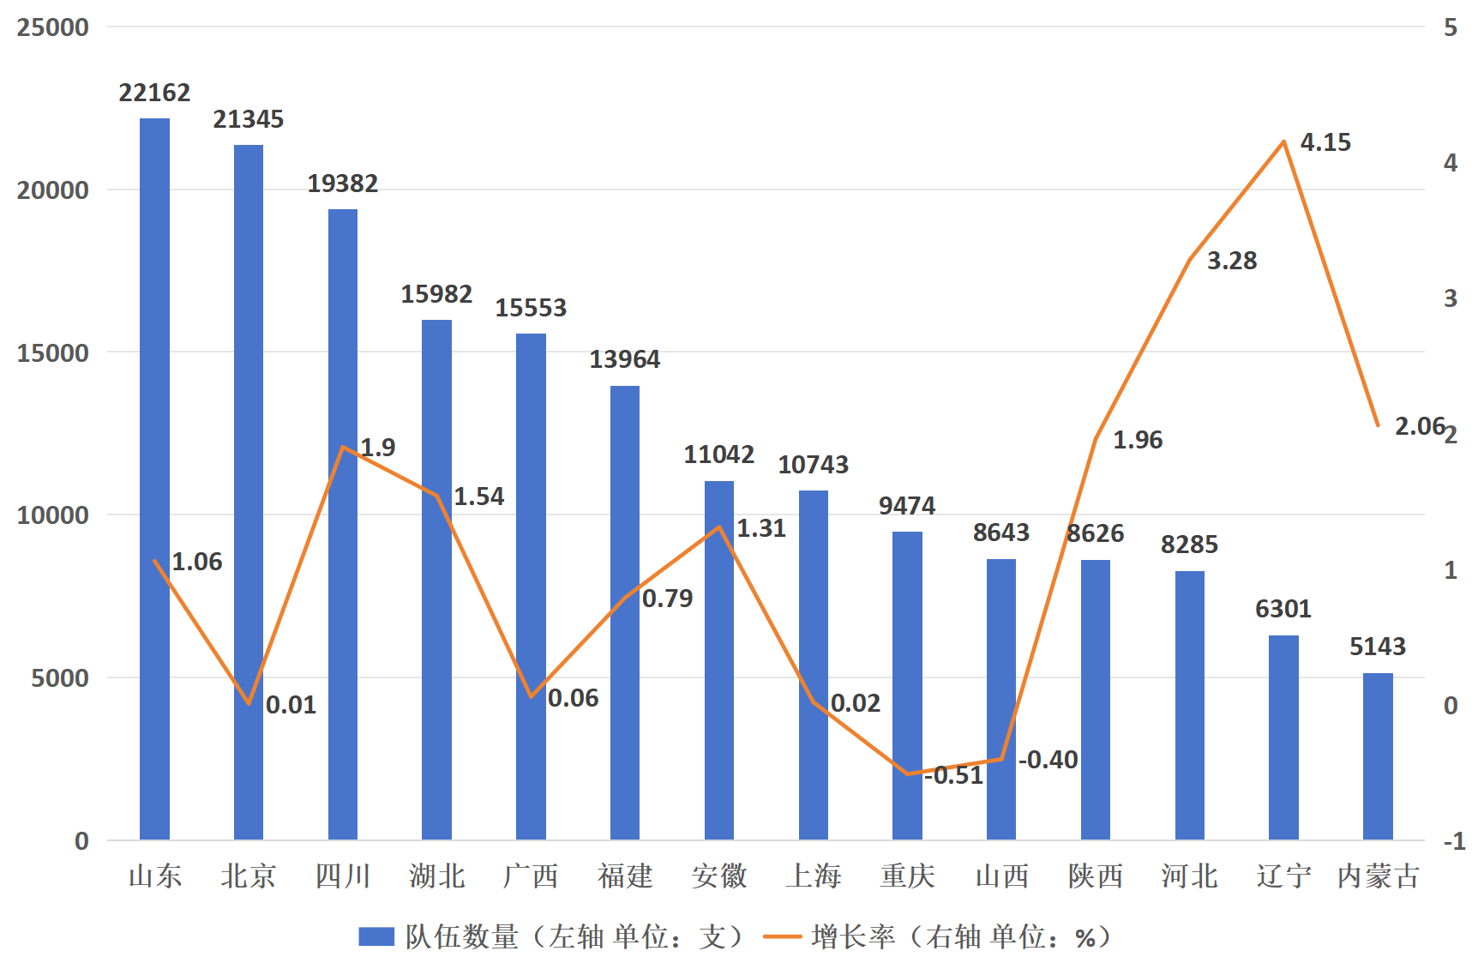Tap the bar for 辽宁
[x=1283, y=737]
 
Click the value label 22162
[x=154, y=93]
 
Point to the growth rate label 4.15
[x=1325, y=142]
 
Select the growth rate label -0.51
[x=954, y=775]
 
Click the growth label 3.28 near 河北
[x=1232, y=261]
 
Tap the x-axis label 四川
[x=343, y=876]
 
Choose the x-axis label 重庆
[x=907, y=876]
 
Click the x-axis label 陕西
[x=1096, y=876]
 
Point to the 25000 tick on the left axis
[x=53, y=27]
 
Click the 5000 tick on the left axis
[x=60, y=678]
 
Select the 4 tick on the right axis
[x=1451, y=163]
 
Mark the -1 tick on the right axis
[x=1454, y=841]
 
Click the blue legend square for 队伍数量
[x=376, y=936]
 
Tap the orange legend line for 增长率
[x=782, y=936]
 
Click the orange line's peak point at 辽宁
[x=1283, y=141]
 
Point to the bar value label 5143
[x=1378, y=647]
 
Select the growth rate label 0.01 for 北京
[x=291, y=705]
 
